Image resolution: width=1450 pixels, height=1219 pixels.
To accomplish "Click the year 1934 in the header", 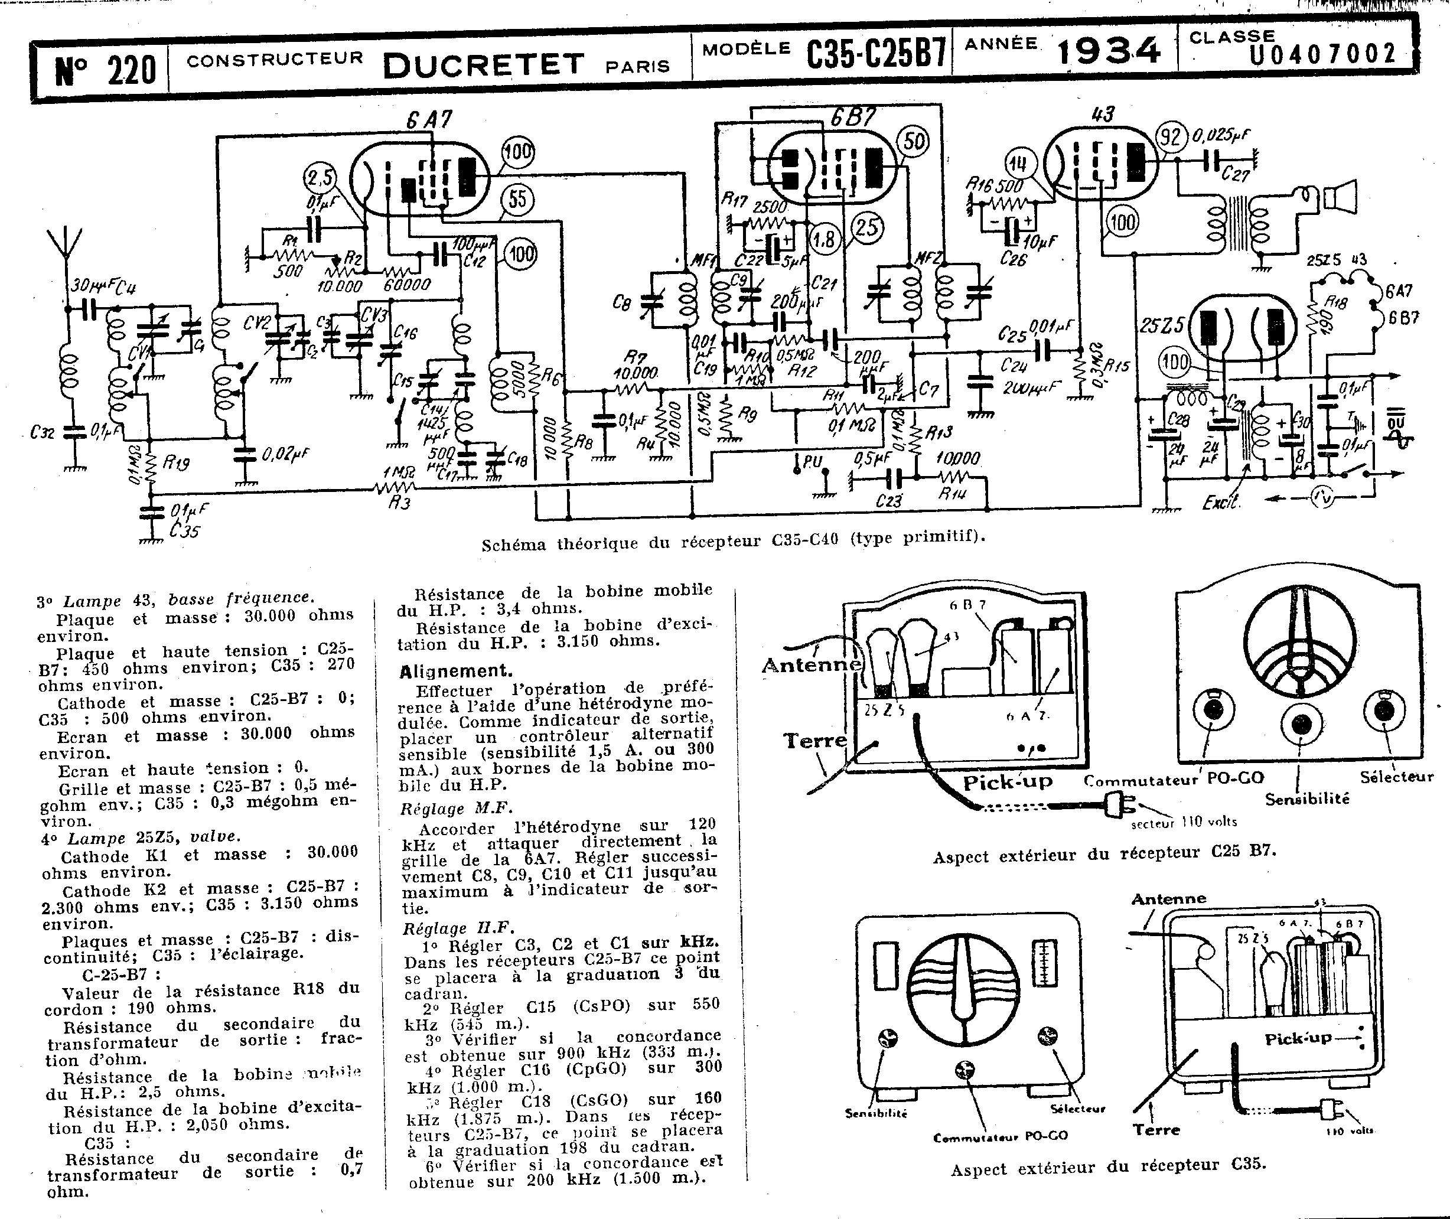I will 1108,51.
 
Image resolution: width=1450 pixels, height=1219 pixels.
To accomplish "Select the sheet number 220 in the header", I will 105,70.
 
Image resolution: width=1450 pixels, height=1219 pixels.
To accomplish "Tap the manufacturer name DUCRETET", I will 484,65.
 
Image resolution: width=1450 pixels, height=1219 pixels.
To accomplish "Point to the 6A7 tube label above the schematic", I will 429,120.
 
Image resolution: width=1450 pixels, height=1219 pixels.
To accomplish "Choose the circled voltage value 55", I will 517,200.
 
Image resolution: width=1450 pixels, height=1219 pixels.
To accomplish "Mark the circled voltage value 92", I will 1171,137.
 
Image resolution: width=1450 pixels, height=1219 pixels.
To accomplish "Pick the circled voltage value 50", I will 914,142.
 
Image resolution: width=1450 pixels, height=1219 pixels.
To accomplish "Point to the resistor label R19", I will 175,463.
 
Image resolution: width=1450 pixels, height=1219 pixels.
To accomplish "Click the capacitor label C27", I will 1235,174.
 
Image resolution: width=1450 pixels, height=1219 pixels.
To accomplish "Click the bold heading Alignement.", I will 455,671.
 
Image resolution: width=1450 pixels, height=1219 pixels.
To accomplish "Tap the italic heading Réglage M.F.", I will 456,808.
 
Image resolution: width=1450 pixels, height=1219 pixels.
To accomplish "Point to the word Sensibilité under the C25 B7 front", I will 1307,799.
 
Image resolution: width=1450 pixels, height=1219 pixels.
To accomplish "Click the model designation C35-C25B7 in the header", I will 876,54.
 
